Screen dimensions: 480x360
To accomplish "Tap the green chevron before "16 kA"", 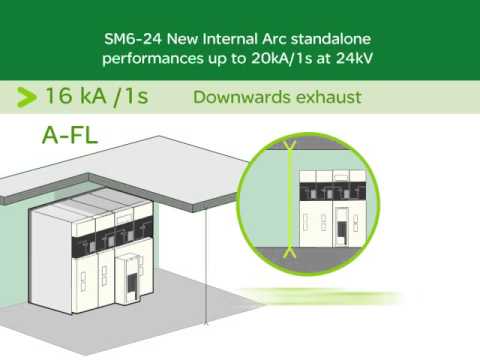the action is [x=25, y=97].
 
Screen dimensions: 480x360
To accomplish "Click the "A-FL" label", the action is [x=70, y=135].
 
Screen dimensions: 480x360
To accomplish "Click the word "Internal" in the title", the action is [x=217, y=40].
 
